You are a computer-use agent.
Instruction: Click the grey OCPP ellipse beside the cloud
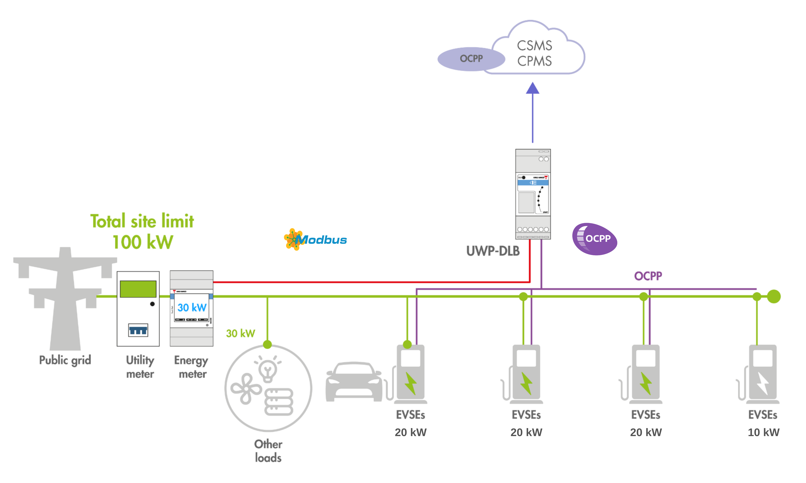pyautogui.click(x=471, y=59)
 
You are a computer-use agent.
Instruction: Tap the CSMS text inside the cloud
pyautogui.click(x=534, y=46)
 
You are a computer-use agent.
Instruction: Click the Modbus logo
pyautogui.click(x=315, y=240)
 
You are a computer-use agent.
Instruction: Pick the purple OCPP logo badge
pyautogui.click(x=595, y=239)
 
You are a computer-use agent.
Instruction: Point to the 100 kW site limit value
pyautogui.click(x=143, y=242)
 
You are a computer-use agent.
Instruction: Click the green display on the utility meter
pyautogui.click(x=138, y=289)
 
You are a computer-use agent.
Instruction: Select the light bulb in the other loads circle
pyautogui.click(x=268, y=369)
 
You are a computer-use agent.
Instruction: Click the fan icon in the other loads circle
pyautogui.click(x=246, y=389)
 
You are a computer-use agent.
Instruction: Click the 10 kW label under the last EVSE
pyautogui.click(x=763, y=432)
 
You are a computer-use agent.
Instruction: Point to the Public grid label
pyautogui.click(x=65, y=360)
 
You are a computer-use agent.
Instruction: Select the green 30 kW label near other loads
pyautogui.click(x=240, y=333)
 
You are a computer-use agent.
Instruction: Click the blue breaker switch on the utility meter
pyautogui.click(x=138, y=330)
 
